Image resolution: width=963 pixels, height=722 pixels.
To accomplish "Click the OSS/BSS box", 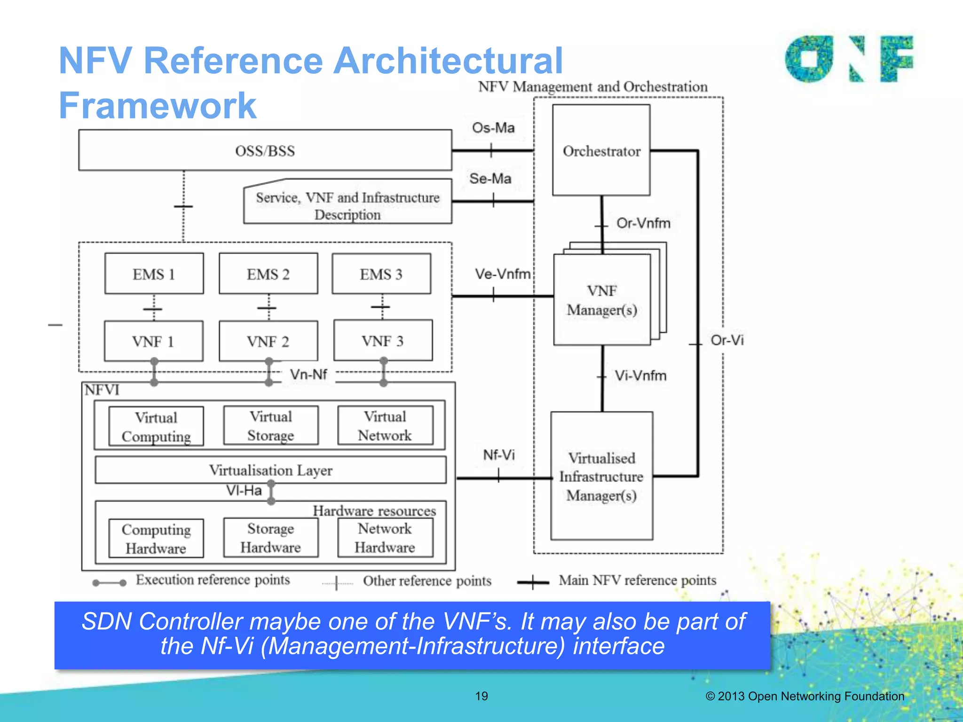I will pyautogui.click(x=265, y=150).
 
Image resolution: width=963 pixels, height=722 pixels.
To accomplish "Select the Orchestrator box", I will pyautogui.click(x=601, y=150).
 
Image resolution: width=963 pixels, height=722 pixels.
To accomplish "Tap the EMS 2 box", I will pyautogui.click(x=268, y=274).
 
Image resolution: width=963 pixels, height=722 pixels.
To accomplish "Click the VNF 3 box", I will pyautogui.click(x=383, y=341).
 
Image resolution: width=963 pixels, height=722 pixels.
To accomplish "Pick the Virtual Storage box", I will pyautogui.click(x=270, y=426).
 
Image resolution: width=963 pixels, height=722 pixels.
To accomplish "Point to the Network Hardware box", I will pyautogui.click(x=385, y=538).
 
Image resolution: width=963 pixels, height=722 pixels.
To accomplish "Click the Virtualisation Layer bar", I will pyautogui.click(x=270, y=470).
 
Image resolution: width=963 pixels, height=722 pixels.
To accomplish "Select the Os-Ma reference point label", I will pyautogui.click(x=493, y=128).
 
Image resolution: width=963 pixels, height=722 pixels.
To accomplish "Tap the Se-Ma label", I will pyautogui.click(x=490, y=179).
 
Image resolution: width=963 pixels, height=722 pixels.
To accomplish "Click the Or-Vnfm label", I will pyautogui.click(x=643, y=223).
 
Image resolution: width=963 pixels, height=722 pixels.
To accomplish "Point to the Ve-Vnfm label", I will pyautogui.click(x=503, y=274).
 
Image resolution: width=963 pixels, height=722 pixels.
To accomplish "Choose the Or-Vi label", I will pyautogui.click(x=727, y=340).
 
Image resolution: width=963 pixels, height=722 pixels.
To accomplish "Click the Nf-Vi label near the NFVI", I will pyautogui.click(x=499, y=455).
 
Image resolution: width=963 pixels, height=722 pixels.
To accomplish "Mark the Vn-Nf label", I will pyautogui.click(x=308, y=375).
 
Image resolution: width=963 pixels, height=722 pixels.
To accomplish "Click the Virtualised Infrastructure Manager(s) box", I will pyautogui.click(x=601, y=476).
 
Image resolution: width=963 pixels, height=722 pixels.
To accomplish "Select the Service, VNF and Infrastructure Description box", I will pyautogui.click(x=347, y=205).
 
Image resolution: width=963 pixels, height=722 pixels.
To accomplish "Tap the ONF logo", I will pyautogui.click(x=849, y=59).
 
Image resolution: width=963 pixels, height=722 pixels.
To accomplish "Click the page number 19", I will pyautogui.click(x=481, y=696).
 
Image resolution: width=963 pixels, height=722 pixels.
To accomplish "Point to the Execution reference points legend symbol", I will pyautogui.click(x=109, y=583).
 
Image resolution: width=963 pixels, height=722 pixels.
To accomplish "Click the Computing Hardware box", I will pyautogui.click(x=156, y=539).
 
